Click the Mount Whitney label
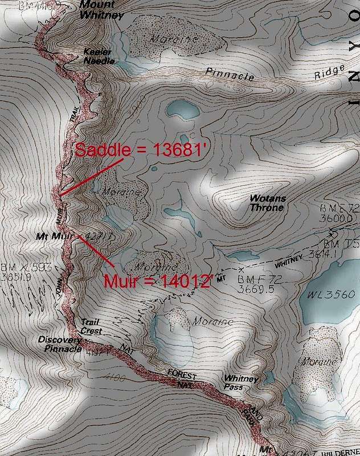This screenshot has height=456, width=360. click(100, 11)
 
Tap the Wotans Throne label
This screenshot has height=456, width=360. click(268, 203)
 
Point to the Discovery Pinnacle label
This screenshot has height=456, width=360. click(60, 344)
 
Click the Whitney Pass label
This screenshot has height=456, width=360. click(242, 382)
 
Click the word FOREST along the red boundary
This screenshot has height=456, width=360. click(184, 376)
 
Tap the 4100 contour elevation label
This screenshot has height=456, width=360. click(115, 377)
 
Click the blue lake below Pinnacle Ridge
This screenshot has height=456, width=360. click(180, 108)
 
